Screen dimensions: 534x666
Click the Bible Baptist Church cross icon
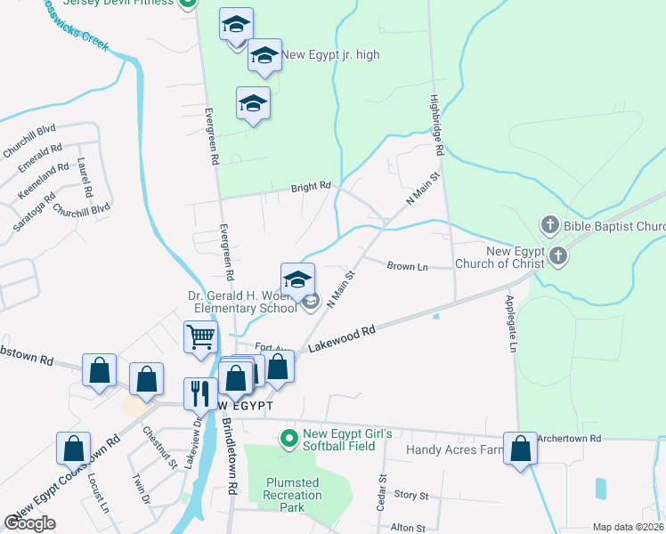[551, 226]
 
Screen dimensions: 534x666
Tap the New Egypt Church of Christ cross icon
[558, 257]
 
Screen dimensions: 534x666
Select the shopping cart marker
[201, 337]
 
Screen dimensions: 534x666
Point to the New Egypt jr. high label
[330, 55]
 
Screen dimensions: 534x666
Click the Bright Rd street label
[311, 188]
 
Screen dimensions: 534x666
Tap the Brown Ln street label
[409, 265]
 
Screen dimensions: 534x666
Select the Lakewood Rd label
[342, 341]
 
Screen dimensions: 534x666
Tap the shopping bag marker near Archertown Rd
[520, 449]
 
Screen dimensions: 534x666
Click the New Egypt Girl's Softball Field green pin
[288, 438]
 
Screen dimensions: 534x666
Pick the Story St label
[411, 495]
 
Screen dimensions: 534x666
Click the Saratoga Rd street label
[34, 211]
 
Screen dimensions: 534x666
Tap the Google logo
[29, 522]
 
